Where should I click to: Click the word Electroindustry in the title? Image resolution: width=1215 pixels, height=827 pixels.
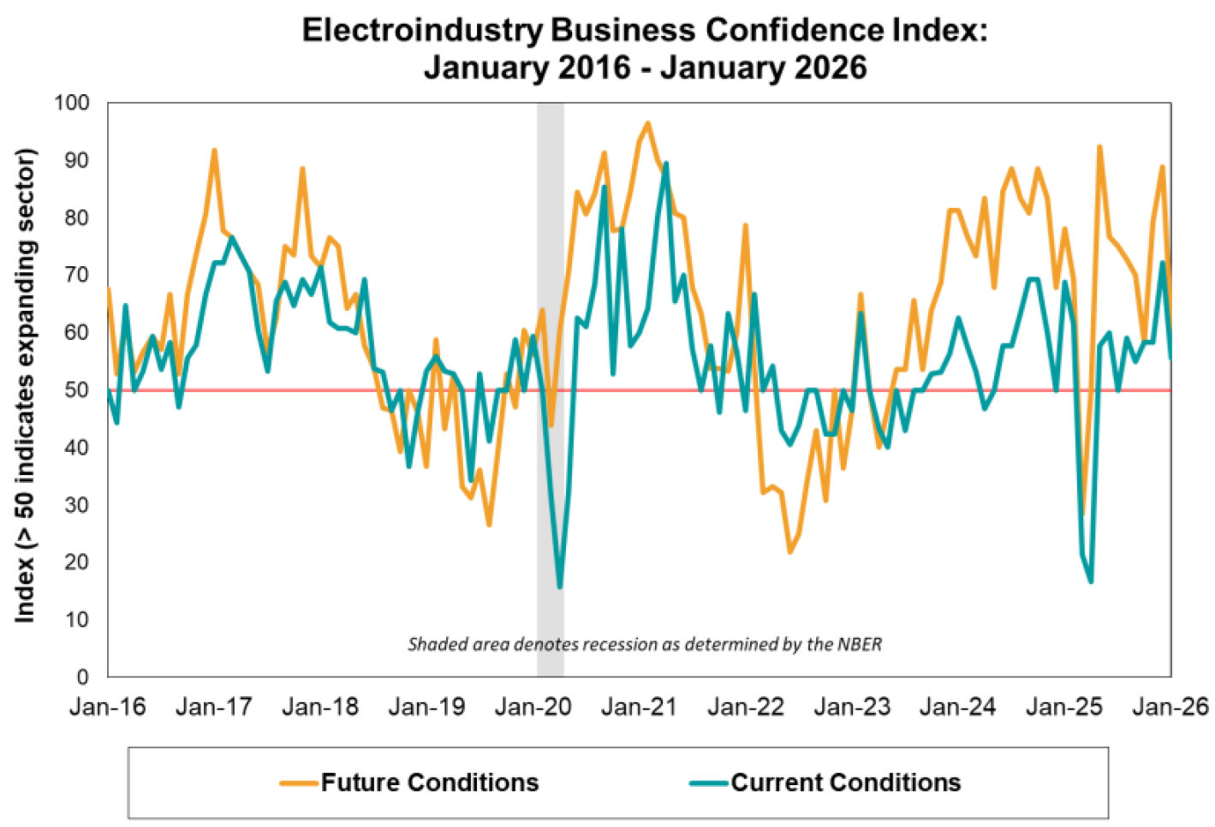pos(423,30)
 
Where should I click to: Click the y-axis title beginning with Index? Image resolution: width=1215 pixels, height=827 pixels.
pos(26,385)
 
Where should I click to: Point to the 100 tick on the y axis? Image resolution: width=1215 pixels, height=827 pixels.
pos(72,103)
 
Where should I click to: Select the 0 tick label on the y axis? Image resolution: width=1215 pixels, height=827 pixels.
pos(83,677)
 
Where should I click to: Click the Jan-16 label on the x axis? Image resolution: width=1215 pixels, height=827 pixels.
pos(108,707)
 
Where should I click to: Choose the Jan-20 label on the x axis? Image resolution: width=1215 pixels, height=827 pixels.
pos(533,707)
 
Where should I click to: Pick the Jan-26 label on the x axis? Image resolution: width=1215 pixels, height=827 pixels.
pos(1170,707)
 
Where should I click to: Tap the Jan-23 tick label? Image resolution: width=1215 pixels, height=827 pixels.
pos(852,707)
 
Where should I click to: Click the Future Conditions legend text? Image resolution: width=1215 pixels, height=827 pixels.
pos(430,782)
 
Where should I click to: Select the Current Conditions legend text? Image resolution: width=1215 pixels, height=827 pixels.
pos(846,782)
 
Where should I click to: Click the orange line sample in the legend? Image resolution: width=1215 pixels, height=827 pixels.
pos(299,782)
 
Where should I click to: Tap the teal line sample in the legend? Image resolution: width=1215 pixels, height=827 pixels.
pos(709,782)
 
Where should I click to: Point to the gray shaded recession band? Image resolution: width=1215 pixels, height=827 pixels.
pos(551,257)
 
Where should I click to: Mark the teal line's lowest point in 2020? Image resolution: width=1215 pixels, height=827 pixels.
pos(560,587)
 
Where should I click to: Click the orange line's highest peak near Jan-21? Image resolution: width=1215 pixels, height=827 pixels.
pos(647,123)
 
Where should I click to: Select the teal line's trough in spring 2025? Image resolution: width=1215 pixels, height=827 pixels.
pos(1091,582)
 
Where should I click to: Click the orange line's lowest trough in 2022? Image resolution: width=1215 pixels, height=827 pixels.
pos(789,552)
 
